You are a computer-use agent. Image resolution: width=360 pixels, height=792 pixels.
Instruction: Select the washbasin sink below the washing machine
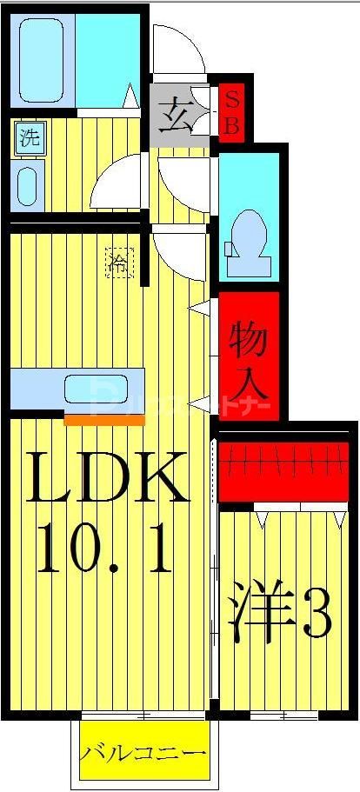[29, 185]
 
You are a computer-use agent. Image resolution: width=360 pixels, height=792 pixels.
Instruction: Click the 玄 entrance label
[177, 114]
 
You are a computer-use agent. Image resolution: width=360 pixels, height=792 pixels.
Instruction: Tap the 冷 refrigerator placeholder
[119, 262]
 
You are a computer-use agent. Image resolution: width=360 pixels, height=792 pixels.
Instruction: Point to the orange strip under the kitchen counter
[104, 418]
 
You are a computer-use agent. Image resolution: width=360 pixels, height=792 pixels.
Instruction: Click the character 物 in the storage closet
[249, 336]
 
